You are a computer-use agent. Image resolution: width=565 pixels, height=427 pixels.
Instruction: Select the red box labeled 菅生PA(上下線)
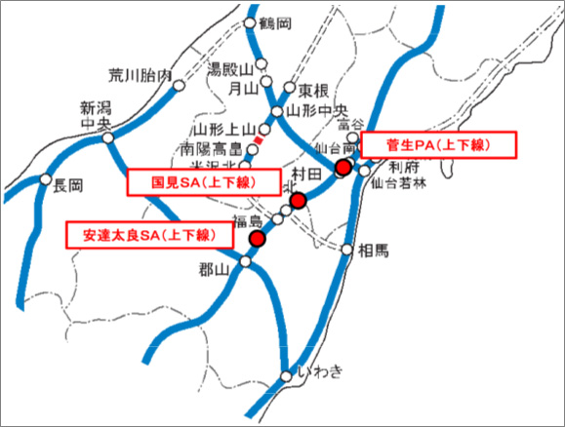point(437,145)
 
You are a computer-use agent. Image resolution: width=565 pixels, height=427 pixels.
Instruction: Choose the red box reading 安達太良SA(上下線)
point(148,234)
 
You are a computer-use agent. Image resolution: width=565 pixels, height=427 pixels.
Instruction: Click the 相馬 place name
point(373,251)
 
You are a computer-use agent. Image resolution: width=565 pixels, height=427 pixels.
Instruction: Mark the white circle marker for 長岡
point(47,178)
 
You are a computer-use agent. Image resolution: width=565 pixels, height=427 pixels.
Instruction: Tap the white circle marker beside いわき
point(286,374)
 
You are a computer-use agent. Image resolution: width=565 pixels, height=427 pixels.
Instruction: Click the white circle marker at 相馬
point(347,250)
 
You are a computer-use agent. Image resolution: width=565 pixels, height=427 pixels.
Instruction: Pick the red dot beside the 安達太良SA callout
point(258,239)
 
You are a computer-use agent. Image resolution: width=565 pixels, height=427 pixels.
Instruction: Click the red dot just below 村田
point(299,201)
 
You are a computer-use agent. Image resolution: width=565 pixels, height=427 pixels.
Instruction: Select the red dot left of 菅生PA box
point(343,169)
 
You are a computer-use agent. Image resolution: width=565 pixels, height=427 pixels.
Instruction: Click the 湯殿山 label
point(231,69)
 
